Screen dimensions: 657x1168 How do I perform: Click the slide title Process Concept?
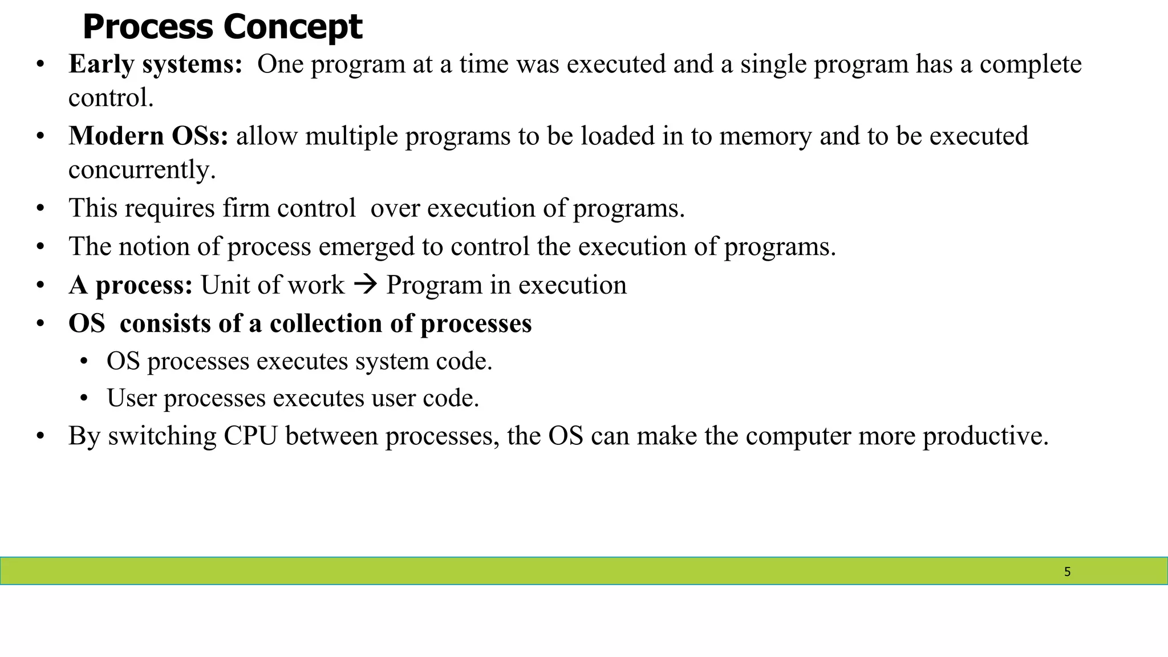pyautogui.click(x=222, y=27)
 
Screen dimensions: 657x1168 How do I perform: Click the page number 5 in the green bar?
pyautogui.click(x=1067, y=571)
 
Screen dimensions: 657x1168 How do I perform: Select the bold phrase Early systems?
pyautogui.click(x=156, y=64)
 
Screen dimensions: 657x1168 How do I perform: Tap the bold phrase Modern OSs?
pyautogui.click(x=148, y=136)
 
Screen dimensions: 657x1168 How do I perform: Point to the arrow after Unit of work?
pyautogui.click(x=365, y=284)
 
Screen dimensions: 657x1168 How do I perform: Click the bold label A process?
pyautogui.click(x=131, y=285)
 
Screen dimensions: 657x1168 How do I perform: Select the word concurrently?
pyautogui.click(x=141, y=169)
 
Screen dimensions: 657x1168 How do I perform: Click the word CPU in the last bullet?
pyautogui.click(x=250, y=436)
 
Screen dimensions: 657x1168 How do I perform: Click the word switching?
pyautogui.click(x=162, y=436)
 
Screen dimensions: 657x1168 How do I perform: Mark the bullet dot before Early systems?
pyautogui.click(x=40, y=64)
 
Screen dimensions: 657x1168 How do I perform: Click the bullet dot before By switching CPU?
pyautogui.click(x=40, y=436)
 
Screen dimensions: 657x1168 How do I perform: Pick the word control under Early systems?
pyautogui.click(x=110, y=98)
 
